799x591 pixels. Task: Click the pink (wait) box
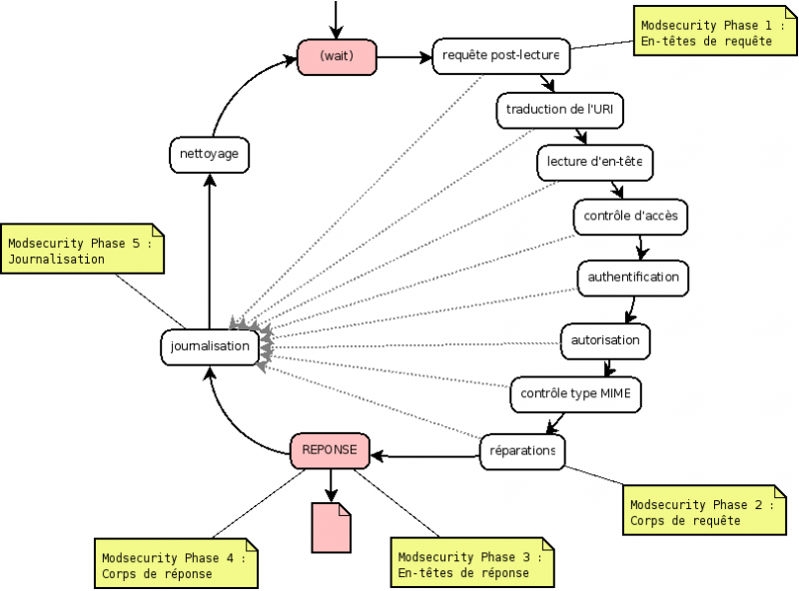337,57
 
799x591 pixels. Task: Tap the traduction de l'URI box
559,110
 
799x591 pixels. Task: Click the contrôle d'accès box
630,216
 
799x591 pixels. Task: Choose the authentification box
633,277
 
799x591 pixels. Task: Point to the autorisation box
605,340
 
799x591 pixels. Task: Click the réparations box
522,450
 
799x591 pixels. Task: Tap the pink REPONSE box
330,450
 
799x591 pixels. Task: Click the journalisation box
210,346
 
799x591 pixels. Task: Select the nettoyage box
208,155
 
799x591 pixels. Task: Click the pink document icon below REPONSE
332,526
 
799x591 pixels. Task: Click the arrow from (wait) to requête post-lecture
404,57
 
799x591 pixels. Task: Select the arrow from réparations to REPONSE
424,455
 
